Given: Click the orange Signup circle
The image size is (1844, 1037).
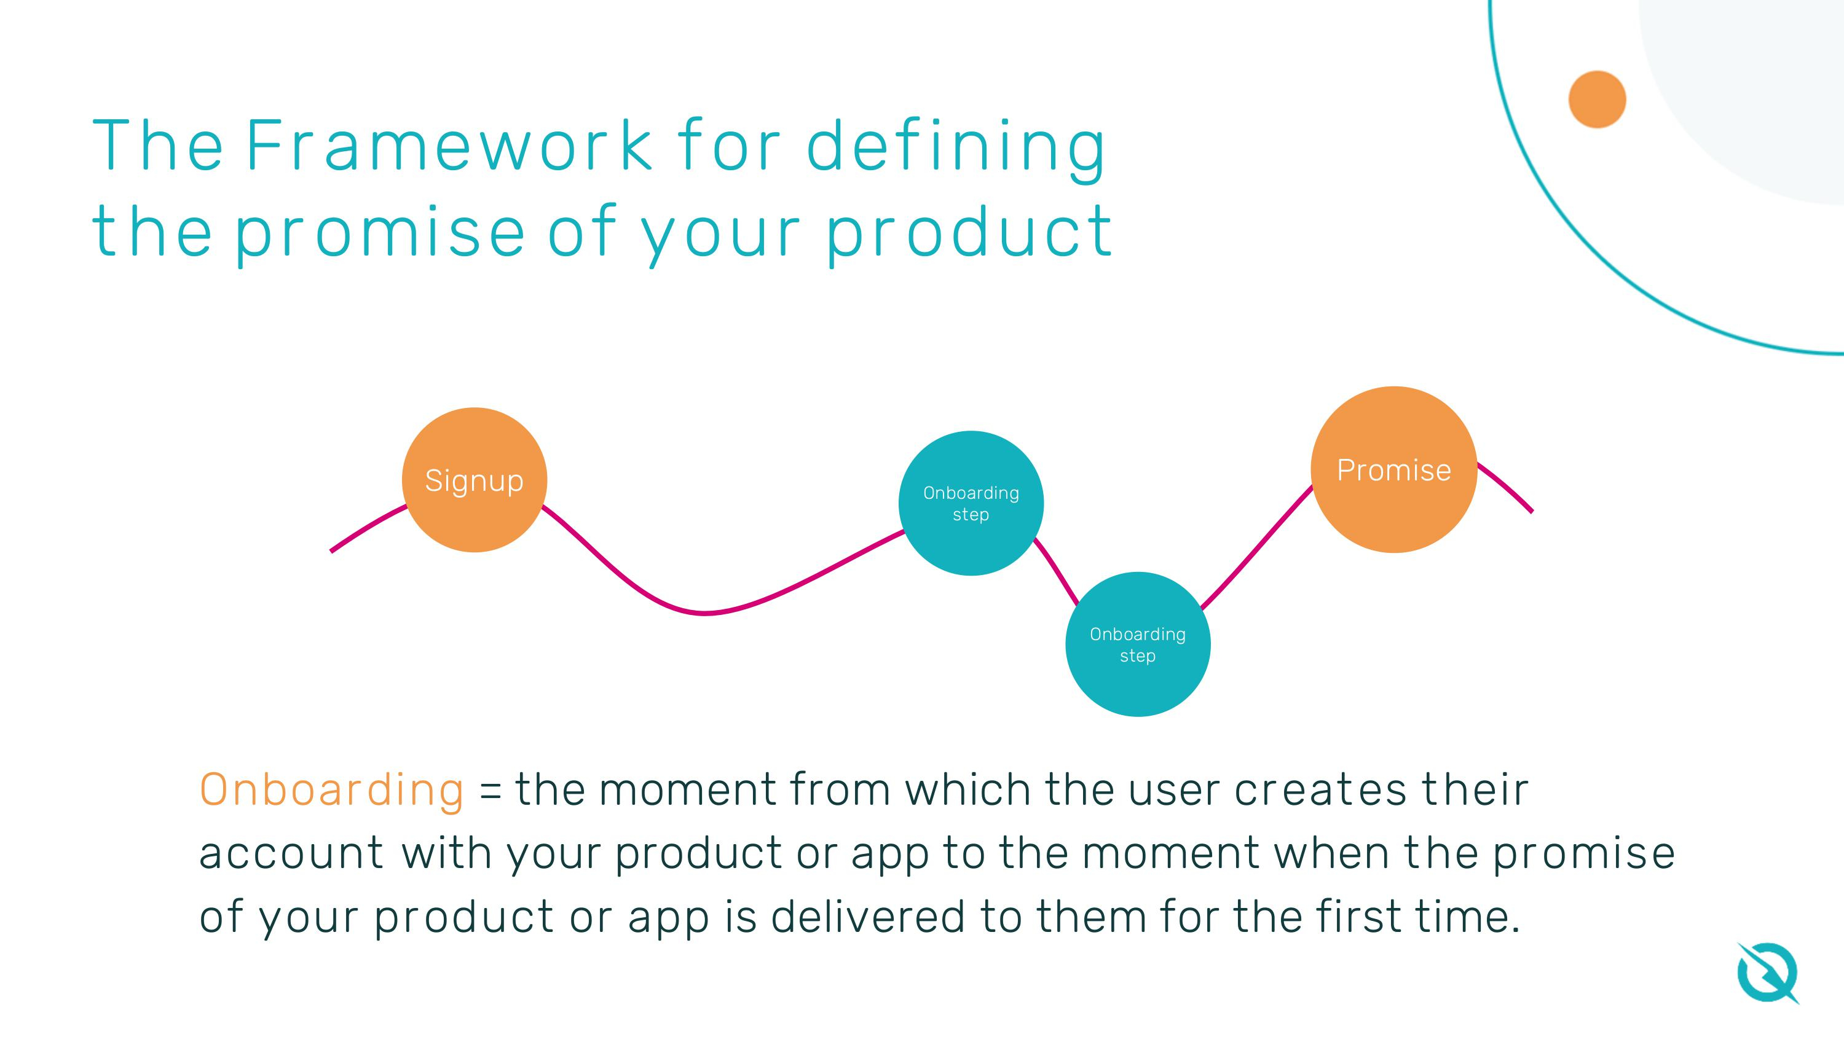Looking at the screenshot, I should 474,480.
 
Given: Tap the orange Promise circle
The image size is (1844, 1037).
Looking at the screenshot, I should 1393,470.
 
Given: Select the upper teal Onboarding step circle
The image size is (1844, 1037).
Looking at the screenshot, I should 971,503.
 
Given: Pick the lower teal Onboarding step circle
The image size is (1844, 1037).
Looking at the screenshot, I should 1138,644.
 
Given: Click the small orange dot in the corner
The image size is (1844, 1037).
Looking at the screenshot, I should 1597,100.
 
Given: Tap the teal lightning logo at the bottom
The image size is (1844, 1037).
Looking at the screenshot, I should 1767,973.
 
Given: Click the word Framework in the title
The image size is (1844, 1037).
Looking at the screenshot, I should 449,146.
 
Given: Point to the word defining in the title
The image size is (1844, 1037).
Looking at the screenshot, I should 956,147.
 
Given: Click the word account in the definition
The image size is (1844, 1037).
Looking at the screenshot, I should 291,854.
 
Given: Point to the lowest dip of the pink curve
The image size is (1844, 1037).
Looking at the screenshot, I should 705,613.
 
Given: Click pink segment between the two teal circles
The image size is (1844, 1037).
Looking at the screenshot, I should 1057,573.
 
